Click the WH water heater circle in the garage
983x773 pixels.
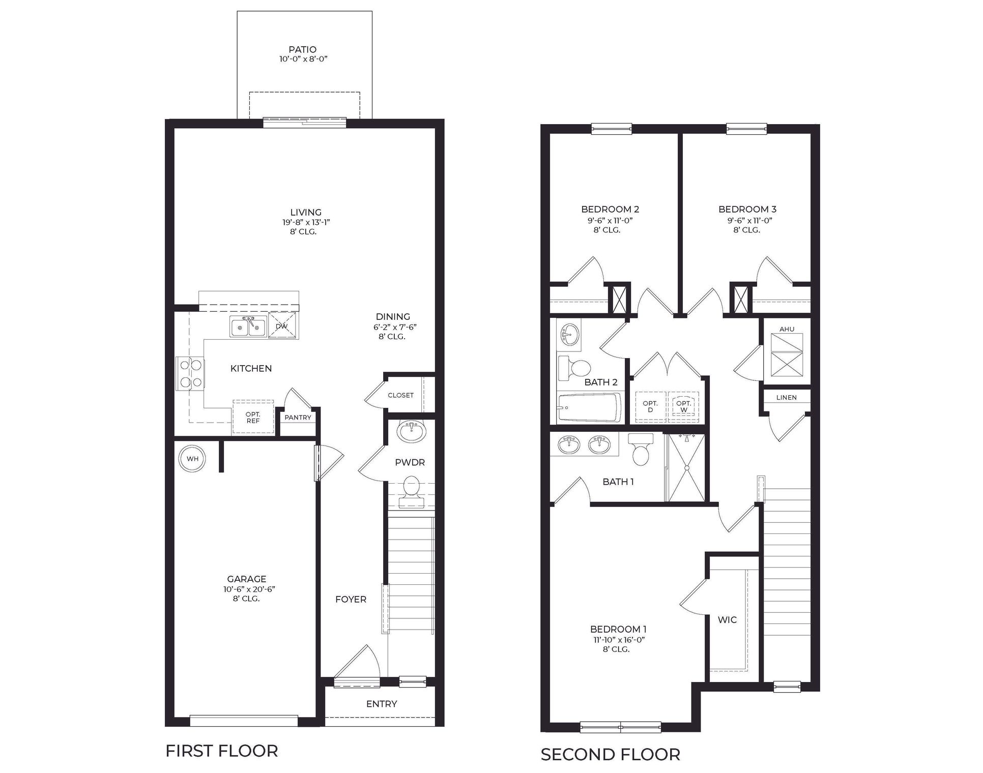[192, 459]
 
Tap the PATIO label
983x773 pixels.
[302, 49]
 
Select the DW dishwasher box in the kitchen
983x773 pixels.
[282, 326]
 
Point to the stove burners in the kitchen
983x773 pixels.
[191, 373]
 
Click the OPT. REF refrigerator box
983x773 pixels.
[253, 418]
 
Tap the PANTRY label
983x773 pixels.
[298, 418]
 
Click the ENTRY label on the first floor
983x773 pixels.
[382, 704]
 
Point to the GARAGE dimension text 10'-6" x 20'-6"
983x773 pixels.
[246, 589]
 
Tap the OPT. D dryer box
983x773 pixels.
[650, 407]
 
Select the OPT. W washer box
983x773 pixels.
[683, 407]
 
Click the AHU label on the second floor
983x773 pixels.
[787, 329]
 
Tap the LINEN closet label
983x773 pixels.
[787, 397]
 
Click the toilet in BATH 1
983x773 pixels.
[641, 449]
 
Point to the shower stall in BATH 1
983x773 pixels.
[686, 468]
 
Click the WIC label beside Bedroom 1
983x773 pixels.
[727, 620]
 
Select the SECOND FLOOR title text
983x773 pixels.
[610, 755]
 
